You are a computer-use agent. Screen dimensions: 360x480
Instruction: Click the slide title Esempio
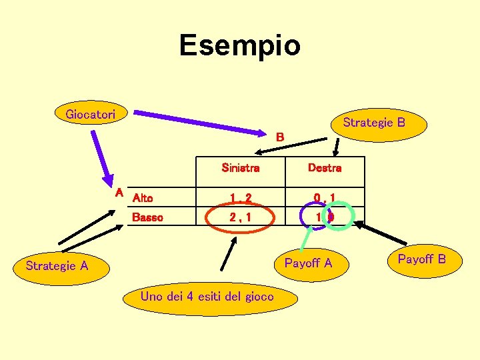240,45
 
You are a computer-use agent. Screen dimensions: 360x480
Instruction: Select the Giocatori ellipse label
91,114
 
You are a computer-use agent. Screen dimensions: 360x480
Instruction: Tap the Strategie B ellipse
373,122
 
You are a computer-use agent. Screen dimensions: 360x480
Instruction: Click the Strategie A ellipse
57,266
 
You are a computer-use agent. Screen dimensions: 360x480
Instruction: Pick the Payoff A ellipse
308,263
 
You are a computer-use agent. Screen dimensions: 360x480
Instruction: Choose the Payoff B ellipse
421,259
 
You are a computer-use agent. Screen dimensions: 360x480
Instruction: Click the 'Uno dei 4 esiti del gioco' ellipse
207,297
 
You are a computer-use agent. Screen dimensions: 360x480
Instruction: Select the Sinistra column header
240,168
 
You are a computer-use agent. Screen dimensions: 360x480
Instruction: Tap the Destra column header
325,168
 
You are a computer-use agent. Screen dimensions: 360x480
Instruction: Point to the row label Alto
143,197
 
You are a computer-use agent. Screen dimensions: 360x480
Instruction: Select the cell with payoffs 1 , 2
240,197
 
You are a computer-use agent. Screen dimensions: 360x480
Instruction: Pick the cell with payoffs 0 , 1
325,197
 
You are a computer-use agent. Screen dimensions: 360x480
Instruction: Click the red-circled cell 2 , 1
240,217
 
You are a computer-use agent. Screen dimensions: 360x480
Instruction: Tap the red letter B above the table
281,137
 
